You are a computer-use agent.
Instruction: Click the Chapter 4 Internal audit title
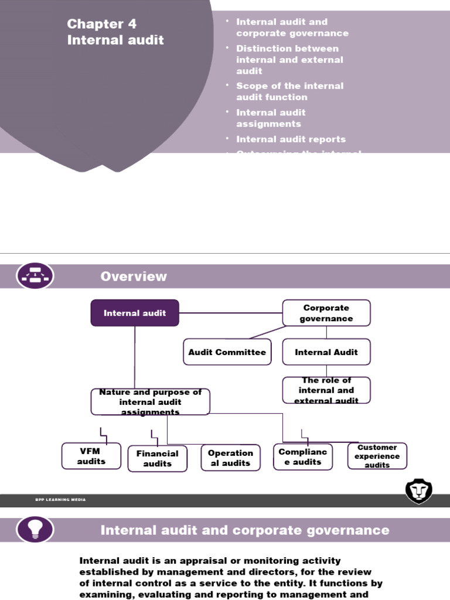(115, 32)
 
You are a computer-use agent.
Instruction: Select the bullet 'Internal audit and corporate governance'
(292, 28)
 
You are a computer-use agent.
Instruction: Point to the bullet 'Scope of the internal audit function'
(289, 91)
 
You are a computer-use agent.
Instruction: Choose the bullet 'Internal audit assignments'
(271, 118)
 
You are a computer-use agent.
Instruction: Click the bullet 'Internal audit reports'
(291, 139)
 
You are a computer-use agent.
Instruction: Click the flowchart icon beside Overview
(36, 276)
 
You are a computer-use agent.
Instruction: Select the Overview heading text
(134, 277)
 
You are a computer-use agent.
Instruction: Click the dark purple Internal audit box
(135, 313)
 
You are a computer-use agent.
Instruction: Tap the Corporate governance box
(326, 313)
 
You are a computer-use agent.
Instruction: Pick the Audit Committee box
(227, 352)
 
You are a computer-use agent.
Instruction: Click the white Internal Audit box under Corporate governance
(326, 352)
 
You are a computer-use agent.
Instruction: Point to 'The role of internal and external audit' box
(326, 390)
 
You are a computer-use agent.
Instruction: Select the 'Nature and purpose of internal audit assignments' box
(150, 402)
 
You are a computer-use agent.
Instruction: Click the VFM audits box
(91, 456)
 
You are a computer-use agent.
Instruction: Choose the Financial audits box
(158, 458)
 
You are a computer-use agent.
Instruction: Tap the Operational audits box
(231, 458)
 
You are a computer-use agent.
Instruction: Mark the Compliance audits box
(303, 457)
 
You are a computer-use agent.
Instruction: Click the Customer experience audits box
(377, 456)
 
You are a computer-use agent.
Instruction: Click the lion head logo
(418, 490)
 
